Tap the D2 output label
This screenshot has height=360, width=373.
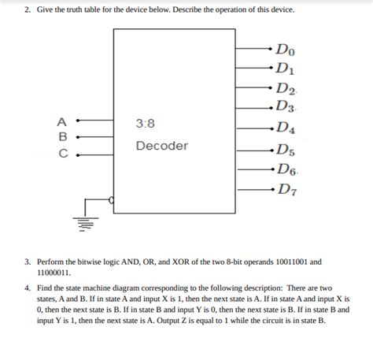(285, 87)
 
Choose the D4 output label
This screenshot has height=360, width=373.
(284, 128)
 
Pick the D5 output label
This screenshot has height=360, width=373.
(284, 150)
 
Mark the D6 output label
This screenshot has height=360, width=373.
(285, 169)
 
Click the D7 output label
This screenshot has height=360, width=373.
(284, 190)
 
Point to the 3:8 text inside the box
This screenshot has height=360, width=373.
(146, 124)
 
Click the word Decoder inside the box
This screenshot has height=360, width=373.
(162, 147)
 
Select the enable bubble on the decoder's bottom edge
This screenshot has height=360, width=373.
(112, 202)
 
